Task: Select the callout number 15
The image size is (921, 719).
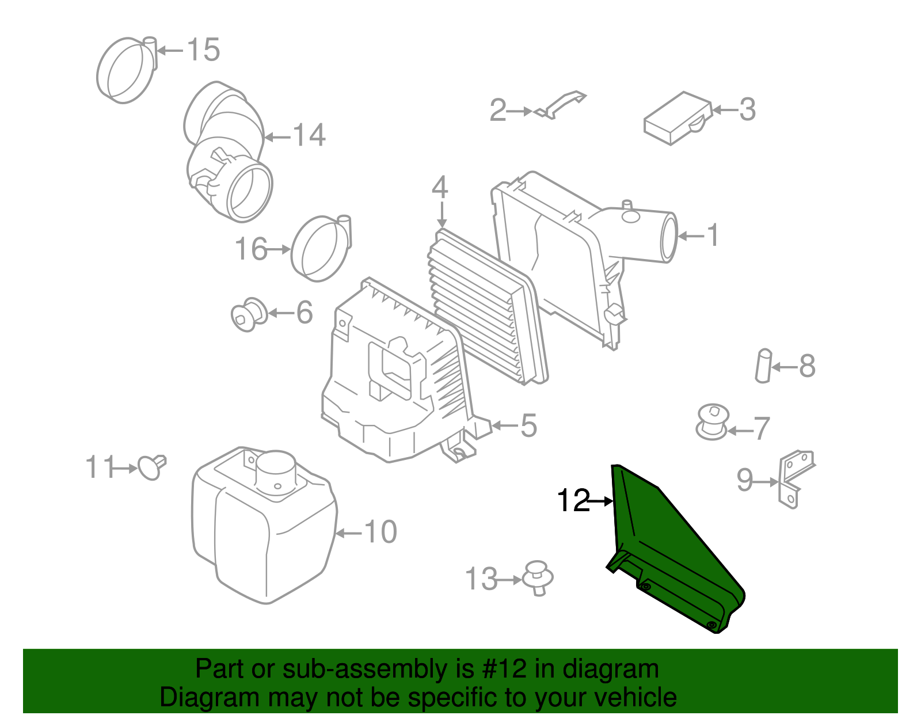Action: click(204, 50)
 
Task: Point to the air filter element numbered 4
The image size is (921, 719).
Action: click(486, 308)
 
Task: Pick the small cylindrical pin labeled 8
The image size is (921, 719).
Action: click(763, 366)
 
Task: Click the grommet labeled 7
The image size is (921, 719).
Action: click(712, 421)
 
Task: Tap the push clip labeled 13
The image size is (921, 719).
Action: click(538, 577)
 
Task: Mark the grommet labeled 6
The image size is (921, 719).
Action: click(249, 315)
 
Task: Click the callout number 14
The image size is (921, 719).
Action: click(310, 135)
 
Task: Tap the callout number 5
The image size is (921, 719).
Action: click(528, 426)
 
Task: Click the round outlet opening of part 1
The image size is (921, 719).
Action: click(669, 237)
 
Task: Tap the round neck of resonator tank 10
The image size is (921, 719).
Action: click(276, 469)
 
